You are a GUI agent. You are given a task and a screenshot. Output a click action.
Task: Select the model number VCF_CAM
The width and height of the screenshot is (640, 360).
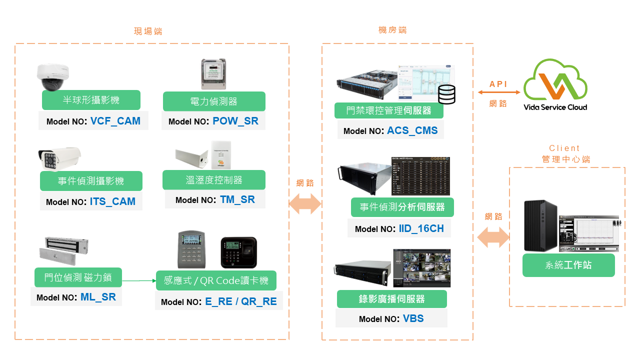(x=115, y=121)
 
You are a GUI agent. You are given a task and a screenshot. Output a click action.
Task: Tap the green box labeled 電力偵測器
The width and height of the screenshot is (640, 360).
(x=214, y=101)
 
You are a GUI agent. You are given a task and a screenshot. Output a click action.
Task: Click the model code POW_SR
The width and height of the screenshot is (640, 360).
(x=235, y=121)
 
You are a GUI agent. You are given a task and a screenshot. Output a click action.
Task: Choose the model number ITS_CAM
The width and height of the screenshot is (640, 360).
(x=112, y=201)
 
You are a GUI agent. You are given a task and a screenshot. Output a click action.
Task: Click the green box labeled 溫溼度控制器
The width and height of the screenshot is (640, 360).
(x=214, y=180)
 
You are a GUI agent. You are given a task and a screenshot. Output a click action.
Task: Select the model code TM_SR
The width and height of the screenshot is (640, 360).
(x=237, y=199)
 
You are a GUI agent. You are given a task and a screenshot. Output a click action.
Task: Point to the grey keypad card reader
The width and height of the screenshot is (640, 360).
(x=191, y=249)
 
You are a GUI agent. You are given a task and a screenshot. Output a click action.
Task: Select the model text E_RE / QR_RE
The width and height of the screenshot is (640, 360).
(x=241, y=301)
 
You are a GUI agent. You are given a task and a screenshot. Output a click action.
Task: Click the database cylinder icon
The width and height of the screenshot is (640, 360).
(x=446, y=94)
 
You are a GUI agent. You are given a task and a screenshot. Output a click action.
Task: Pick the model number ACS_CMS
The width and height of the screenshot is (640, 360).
(x=412, y=130)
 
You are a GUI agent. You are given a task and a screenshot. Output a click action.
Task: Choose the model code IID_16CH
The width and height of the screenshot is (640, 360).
(x=421, y=228)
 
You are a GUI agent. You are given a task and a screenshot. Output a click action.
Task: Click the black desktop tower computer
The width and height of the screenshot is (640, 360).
(x=540, y=226)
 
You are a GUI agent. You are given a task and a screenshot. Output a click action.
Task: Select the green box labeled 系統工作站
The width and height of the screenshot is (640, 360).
(x=568, y=265)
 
